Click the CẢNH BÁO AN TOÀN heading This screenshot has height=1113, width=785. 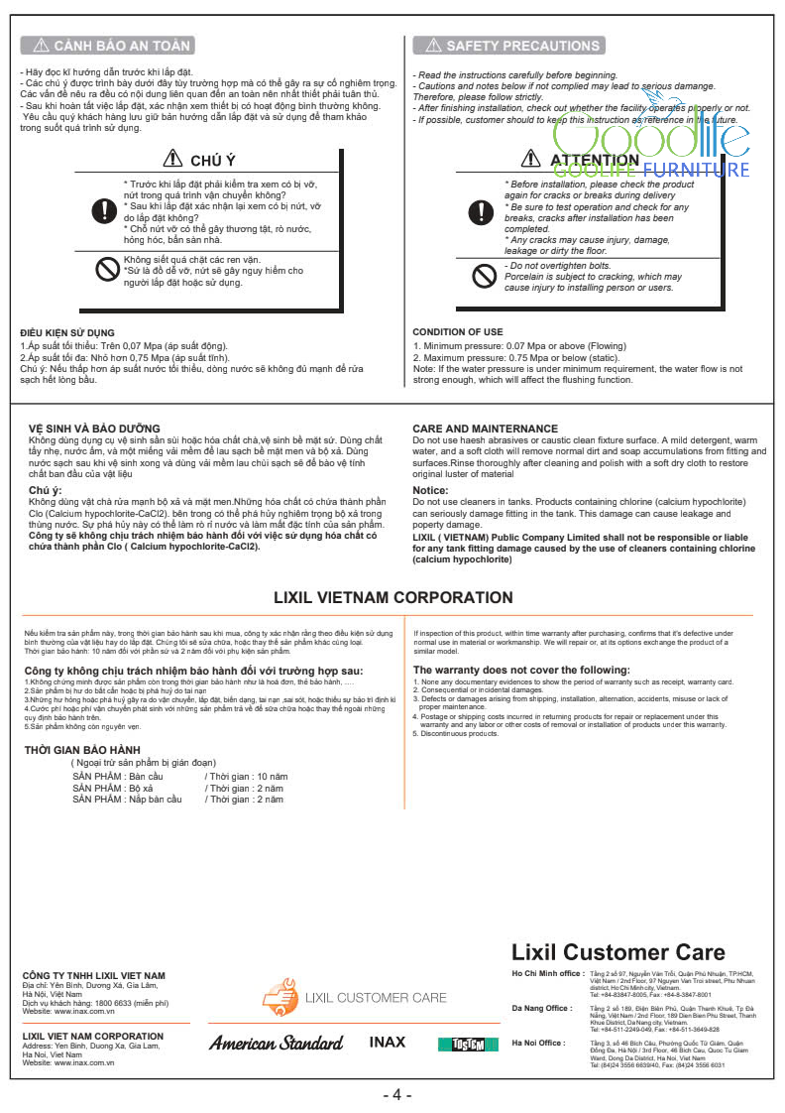(107, 46)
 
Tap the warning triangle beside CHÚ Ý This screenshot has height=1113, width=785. (171, 159)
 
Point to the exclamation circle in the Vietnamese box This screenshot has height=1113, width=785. (103, 210)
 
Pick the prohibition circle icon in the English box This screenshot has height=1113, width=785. (484, 276)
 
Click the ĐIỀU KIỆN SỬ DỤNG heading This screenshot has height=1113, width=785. (66, 332)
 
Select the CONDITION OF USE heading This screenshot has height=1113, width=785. (458, 332)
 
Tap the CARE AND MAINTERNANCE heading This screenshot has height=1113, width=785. (485, 429)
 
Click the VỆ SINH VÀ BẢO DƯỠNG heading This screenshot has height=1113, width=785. (94, 429)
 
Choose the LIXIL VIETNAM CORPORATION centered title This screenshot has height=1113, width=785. (393, 597)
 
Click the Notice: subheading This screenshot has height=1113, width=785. (430, 490)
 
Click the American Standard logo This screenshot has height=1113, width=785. (276, 1043)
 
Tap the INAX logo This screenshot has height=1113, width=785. (388, 1043)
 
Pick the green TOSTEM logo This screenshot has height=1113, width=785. (461, 1045)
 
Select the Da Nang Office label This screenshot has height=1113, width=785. (541, 1008)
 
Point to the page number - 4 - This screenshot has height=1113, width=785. (396, 1095)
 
